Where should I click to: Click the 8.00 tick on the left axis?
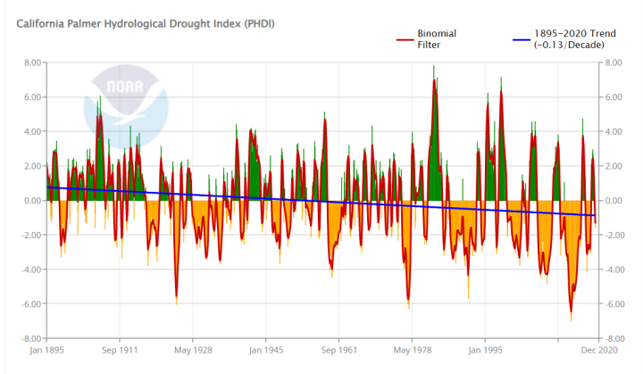click(x=32, y=63)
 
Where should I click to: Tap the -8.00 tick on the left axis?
click(x=30, y=339)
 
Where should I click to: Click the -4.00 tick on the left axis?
click(x=30, y=270)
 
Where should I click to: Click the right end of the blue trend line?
click(x=595, y=215)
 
